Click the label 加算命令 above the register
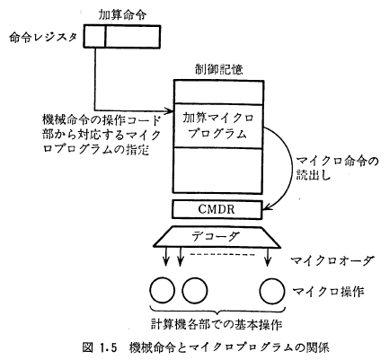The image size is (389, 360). [x=122, y=14]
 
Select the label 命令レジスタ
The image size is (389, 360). [x=43, y=38]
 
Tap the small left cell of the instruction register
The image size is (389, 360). [x=94, y=37]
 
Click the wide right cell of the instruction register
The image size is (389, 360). [x=133, y=37]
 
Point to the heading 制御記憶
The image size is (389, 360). [x=218, y=70]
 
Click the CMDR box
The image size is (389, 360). [x=217, y=209]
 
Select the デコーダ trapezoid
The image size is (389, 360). [x=217, y=237]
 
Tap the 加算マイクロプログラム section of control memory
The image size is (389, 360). [x=218, y=126]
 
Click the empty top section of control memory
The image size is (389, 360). [x=218, y=92]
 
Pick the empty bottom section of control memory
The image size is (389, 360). [x=218, y=171]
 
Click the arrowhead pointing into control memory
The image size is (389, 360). [x=170, y=110]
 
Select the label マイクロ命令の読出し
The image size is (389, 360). [x=337, y=168]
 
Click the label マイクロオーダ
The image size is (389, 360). [x=332, y=260]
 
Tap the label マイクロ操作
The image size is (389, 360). [x=328, y=291]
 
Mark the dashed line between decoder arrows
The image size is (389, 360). [x=222, y=255]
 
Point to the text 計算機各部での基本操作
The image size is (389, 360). [x=217, y=324]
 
